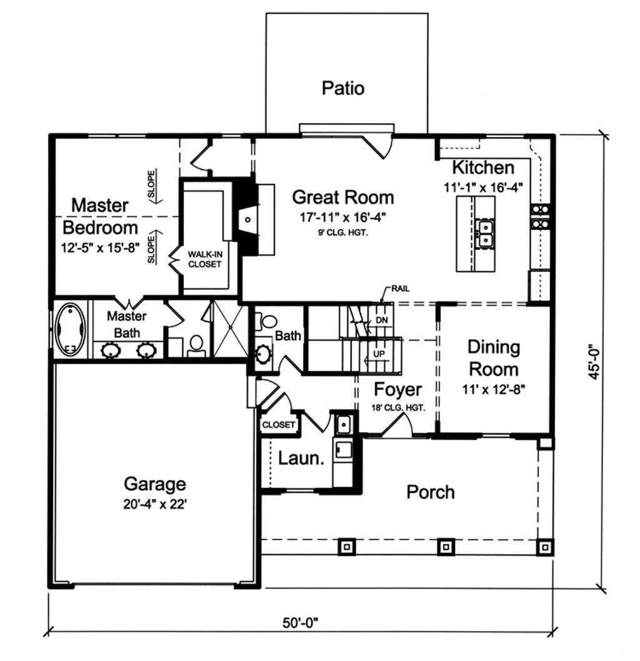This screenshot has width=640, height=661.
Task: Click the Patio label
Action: point(342,88)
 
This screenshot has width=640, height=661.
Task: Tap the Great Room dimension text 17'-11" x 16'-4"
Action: point(343,219)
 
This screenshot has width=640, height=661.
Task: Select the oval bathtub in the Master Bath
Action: point(69,330)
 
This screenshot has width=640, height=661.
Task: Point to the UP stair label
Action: point(379,354)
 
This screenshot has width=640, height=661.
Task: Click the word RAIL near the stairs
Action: point(401,288)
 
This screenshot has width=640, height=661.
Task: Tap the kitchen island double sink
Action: point(484,233)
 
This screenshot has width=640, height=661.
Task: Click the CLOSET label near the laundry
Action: point(278,425)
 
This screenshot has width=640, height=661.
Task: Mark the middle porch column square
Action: point(446,547)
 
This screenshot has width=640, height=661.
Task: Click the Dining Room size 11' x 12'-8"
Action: point(494,388)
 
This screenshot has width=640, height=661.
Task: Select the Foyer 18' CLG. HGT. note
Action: point(398,408)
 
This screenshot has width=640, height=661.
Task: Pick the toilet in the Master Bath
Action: point(196,344)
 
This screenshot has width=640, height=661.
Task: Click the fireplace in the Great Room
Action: point(248,219)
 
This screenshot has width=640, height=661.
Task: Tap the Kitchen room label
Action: point(482,168)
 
